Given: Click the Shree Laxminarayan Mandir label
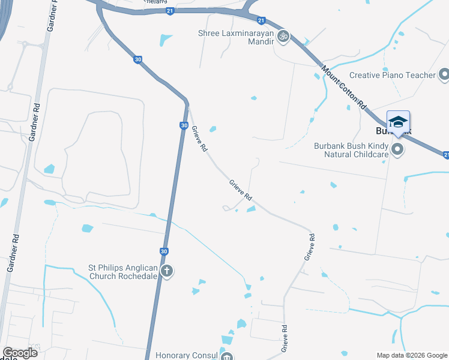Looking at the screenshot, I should pos(237,34).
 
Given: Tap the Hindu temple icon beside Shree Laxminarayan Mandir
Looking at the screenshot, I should pos(283,37).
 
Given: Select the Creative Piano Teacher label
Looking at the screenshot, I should pos(392,75).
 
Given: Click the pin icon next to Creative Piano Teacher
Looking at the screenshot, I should pos(444,75).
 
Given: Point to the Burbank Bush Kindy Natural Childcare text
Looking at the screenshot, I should pos(352,149).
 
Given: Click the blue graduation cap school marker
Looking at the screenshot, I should pos(398,122).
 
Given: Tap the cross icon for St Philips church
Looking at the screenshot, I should pos(167,272).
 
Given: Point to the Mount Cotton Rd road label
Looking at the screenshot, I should pos(344,87).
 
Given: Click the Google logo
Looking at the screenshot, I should pos(20,353).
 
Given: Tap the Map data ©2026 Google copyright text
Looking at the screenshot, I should pos(412,355).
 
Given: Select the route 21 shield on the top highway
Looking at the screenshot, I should pos(170,11).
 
